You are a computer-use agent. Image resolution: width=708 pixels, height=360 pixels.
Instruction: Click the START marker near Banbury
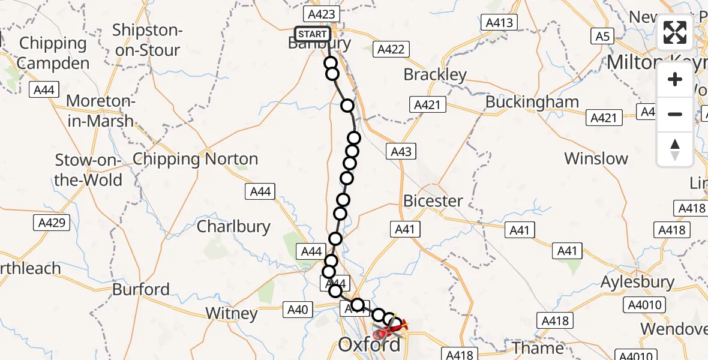pyautogui.click(x=312, y=34)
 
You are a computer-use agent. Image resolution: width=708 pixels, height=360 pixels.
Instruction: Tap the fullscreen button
pyautogui.click(x=675, y=32)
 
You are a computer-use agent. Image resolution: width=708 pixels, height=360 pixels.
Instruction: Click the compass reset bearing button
pyautogui.click(x=675, y=149)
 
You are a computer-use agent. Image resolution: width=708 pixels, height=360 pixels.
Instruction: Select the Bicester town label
pyautogui.click(x=433, y=201)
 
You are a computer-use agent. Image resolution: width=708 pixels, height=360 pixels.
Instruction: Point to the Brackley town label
pyautogui.click(x=435, y=75)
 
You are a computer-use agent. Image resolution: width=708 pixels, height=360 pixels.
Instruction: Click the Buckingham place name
pyautogui.click(x=532, y=102)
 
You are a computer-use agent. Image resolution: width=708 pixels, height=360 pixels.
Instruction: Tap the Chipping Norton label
pyautogui.click(x=195, y=160)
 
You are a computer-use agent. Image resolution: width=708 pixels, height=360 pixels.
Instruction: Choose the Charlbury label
pyautogui.click(x=233, y=227)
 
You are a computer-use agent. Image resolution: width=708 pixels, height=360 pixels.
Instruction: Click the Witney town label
pyautogui.click(x=231, y=313)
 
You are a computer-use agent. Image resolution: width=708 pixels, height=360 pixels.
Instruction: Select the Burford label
pyautogui.click(x=142, y=289)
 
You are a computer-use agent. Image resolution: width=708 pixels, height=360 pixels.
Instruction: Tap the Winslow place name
pyautogui.click(x=596, y=159)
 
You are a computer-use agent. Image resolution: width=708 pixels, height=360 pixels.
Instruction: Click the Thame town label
pyautogui.click(x=538, y=347)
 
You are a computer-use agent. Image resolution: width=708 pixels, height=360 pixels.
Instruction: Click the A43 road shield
pyautogui.click(x=401, y=151)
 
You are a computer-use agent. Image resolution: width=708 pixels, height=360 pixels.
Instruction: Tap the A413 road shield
pyautogui.click(x=499, y=23)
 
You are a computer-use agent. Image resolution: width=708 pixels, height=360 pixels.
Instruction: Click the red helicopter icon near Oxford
pyautogui.click(x=383, y=331)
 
